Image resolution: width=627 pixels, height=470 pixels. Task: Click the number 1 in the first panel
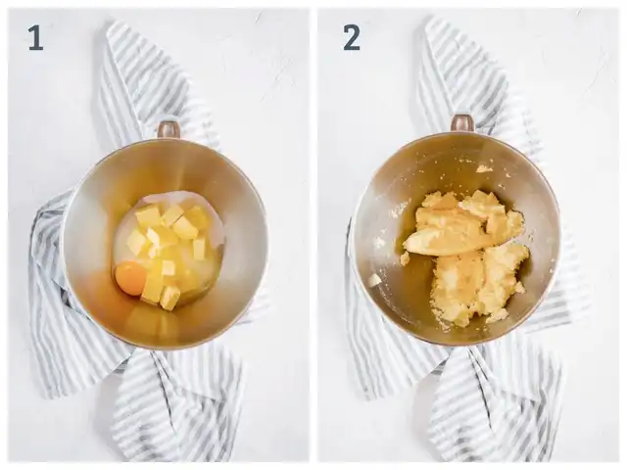click(35, 38)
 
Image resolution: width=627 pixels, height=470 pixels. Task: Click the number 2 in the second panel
click(352, 37)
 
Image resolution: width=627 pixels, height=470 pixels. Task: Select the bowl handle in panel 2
click(463, 122)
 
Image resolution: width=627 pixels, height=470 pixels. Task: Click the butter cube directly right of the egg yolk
click(153, 288)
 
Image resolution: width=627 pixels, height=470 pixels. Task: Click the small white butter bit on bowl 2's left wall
click(374, 280)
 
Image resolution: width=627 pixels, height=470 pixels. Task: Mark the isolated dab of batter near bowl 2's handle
click(484, 168)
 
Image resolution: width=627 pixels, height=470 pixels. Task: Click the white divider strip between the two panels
click(313, 235)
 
